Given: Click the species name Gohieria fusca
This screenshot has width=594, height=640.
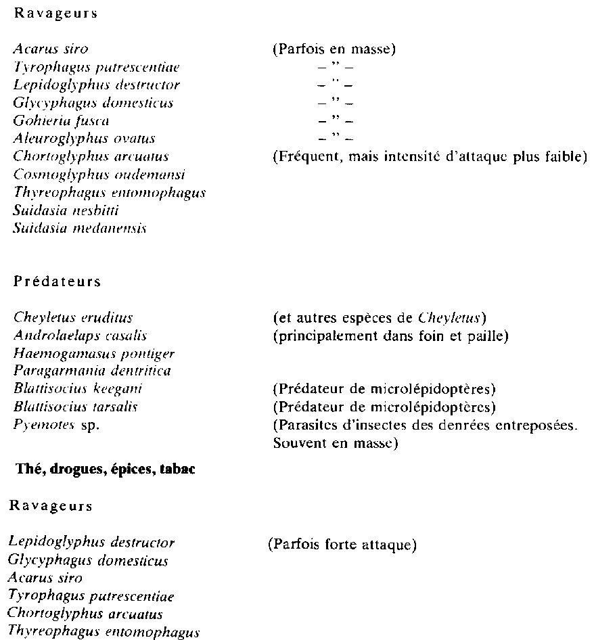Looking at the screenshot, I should [x=61, y=121].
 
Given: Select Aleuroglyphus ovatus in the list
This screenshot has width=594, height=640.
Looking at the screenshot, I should [x=85, y=139].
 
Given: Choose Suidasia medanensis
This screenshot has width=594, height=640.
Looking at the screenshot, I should [x=80, y=229].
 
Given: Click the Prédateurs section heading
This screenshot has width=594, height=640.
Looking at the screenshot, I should [x=58, y=282].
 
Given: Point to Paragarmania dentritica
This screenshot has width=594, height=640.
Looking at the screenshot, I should [x=91, y=371].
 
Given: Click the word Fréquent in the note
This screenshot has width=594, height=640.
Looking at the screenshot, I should [x=301, y=157].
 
